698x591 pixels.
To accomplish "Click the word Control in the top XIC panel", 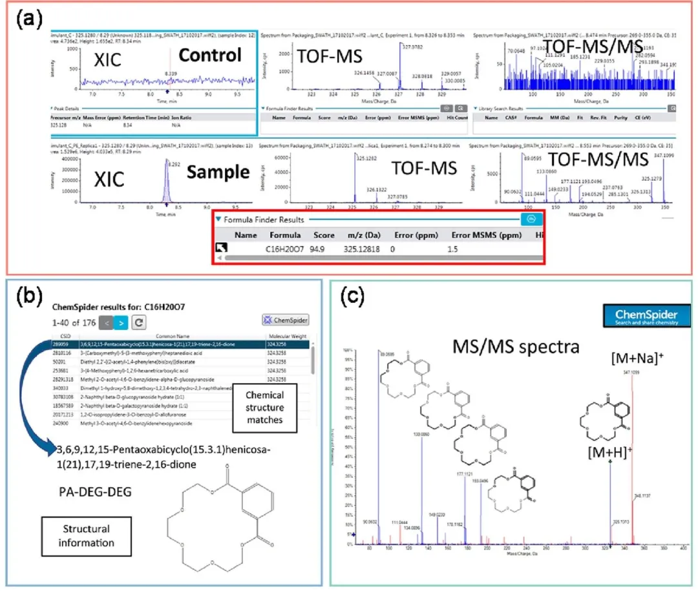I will (209, 56).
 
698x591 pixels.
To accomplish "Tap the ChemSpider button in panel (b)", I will (286, 320).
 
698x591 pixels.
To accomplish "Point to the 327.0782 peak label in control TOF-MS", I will (414, 46).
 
